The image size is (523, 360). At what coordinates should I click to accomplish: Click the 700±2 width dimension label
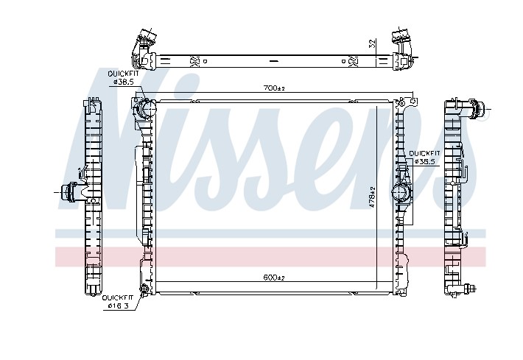(x=274, y=88)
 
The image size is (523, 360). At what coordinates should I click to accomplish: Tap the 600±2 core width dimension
(x=274, y=278)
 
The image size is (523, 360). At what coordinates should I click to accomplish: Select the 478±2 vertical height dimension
(x=373, y=197)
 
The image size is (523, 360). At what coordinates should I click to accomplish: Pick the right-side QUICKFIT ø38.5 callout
(x=424, y=158)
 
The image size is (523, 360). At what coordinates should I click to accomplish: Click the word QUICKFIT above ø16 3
(x=118, y=297)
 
